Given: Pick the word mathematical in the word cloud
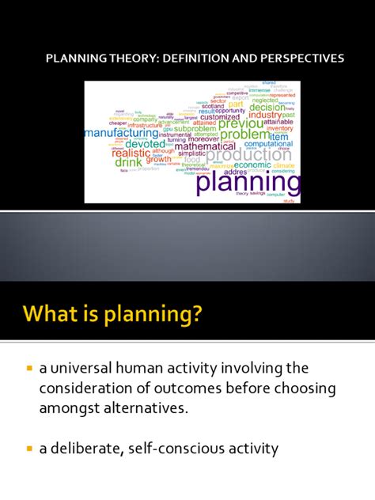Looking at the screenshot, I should [205, 146].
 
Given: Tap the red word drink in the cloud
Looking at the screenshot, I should [128, 161].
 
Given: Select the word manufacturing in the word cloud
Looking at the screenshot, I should [131, 134].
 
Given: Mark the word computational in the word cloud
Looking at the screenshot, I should [268, 143].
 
